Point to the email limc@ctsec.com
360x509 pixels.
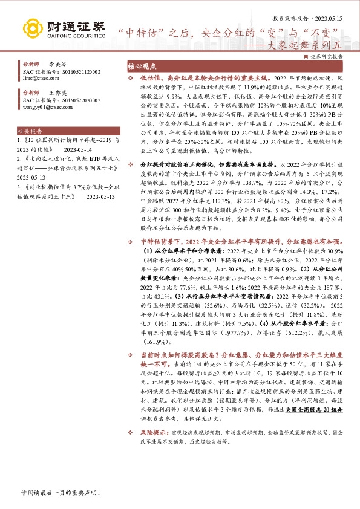[41, 78]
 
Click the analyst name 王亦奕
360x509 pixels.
[57, 92]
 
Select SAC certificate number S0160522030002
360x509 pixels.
[80, 100]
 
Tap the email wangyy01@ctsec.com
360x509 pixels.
[47, 107]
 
